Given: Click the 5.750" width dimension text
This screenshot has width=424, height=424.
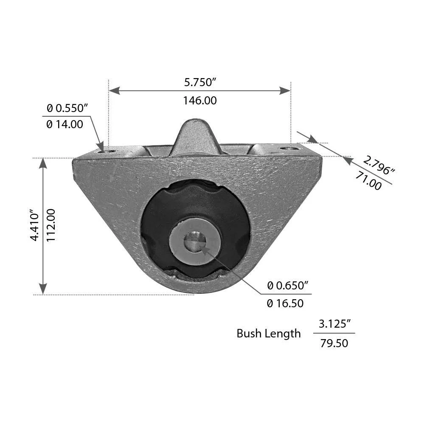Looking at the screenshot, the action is tap(200, 82).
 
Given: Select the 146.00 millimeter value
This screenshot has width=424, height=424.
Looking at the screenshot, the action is tap(200, 101).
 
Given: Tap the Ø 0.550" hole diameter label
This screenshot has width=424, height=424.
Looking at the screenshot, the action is tap(67, 108).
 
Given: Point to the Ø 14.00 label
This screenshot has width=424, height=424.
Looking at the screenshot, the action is tap(65, 124).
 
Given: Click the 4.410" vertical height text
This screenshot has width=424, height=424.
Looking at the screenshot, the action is tap(35, 225).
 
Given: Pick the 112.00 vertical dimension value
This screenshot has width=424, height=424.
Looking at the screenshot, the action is tap(51, 225).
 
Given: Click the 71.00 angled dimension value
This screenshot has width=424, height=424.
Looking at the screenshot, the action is tap(368, 181).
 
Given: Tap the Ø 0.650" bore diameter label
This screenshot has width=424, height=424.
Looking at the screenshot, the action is tap(288, 286).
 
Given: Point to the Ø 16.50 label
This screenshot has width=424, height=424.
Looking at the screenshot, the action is tap(285, 303).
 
